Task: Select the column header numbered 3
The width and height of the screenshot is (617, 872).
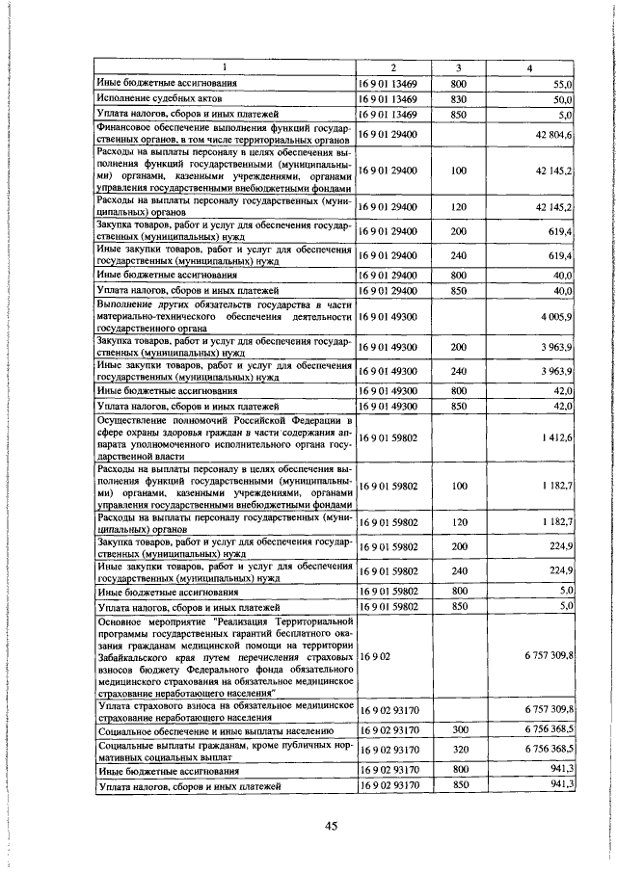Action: coord(458,67)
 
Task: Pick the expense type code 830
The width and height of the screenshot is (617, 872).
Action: coord(458,99)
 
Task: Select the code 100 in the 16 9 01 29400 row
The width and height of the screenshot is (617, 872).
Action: coord(458,171)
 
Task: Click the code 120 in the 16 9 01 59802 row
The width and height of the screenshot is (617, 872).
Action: coord(458,522)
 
